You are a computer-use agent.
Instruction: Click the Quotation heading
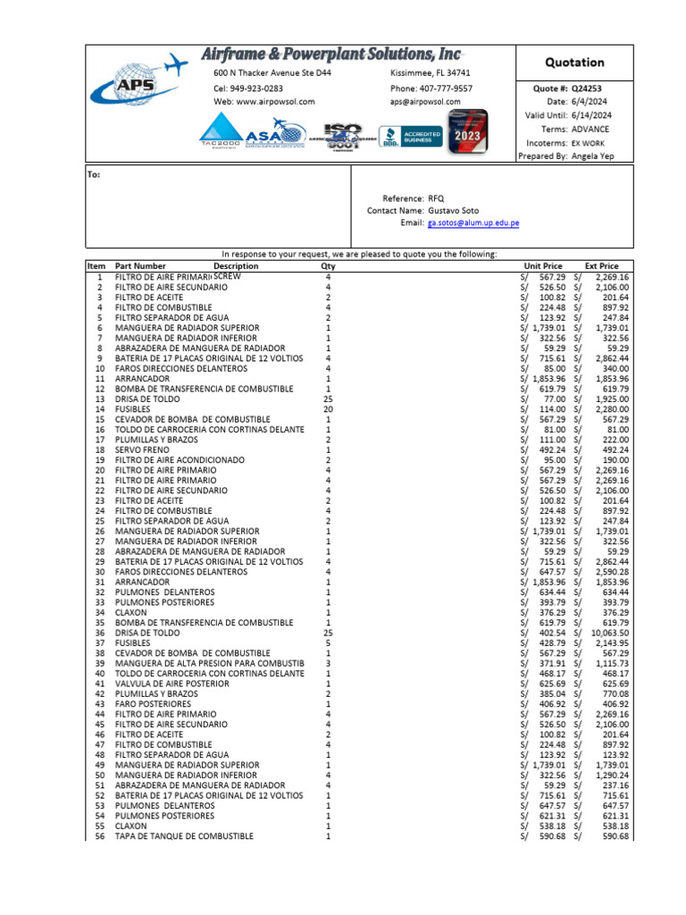tap(574, 63)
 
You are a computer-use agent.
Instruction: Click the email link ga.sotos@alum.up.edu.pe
tap(473, 222)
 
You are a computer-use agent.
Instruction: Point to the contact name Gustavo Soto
tap(456, 210)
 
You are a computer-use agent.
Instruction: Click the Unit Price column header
tap(543, 266)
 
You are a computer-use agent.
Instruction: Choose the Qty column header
tap(328, 266)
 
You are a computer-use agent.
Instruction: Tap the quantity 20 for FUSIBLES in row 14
tap(328, 409)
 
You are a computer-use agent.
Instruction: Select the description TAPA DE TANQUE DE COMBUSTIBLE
tap(184, 836)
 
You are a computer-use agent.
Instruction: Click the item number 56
tap(98, 836)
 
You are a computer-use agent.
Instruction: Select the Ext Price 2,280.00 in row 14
tap(609, 409)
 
